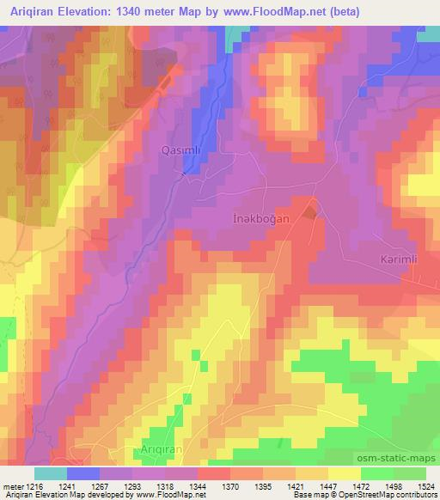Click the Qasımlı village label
[x=181, y=149]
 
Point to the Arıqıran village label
[x=164, y=451]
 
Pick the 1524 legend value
[x=425, y=487]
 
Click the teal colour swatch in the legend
[x=51, y=473]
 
